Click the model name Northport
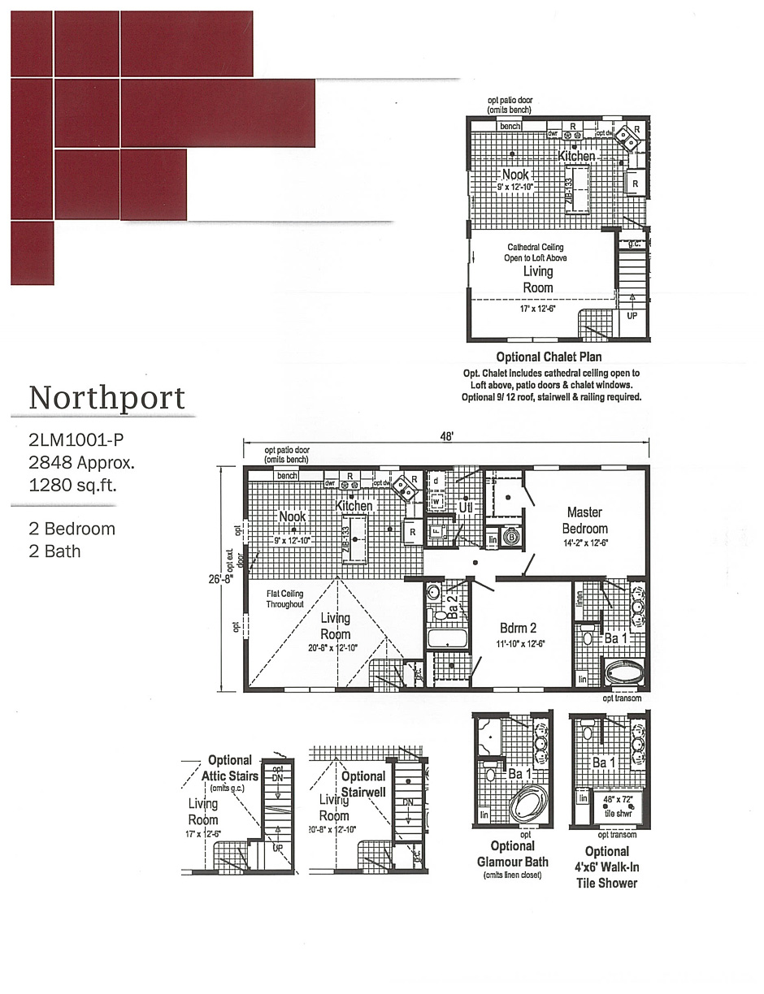(x=106, y=398)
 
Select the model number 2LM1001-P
(x=76, y=441)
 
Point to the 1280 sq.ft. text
(x=72, y=486)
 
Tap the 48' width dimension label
(x=446, y=436)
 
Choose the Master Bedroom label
(x=584, y=520)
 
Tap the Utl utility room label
(x=466, y=507)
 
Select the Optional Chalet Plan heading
(x=549, y=357)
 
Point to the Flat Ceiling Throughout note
(x=284, y=599)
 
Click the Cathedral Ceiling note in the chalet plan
(x=536, y=253)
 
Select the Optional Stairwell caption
(x=363, y=784)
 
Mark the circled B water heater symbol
(x=512, y=538)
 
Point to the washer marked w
(x=436, y=501)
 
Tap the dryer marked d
(x=436, y=480)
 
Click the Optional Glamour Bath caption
(x=513, y=854)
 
